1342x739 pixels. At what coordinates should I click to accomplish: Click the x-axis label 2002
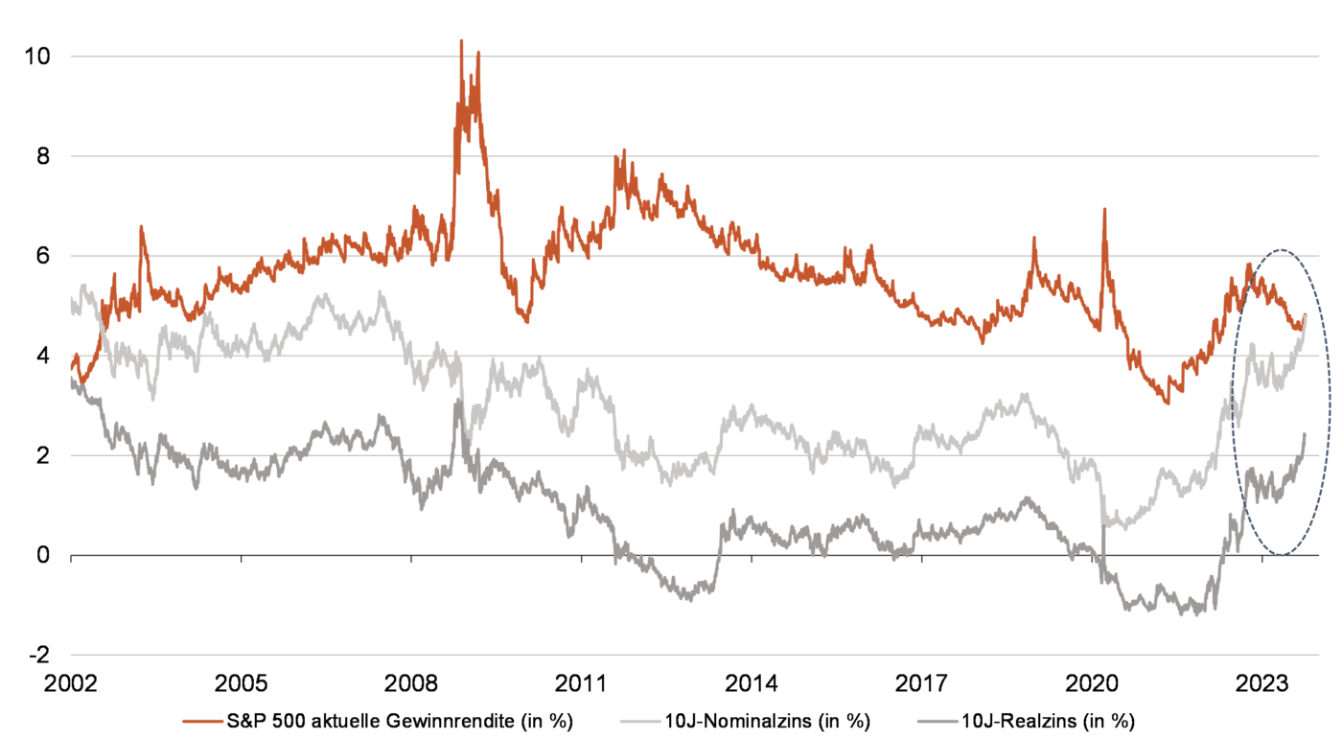(71, 685)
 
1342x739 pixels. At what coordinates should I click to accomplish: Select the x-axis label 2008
(411, 685)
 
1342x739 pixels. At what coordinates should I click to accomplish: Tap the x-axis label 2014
(752, 685)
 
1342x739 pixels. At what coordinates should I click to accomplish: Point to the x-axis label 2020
(1092, 685)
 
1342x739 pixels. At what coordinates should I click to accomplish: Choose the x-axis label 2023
(1261, 685)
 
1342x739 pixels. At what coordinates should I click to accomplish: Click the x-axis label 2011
(582, 685)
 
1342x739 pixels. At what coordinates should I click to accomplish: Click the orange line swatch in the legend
(205, 720)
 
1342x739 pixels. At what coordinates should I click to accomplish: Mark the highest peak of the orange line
(461, 41)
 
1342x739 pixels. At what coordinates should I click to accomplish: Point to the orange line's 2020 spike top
(1104, 209)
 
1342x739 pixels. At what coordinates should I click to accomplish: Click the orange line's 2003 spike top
(142, 227)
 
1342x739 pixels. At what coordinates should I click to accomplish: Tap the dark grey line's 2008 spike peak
(458, 403)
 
